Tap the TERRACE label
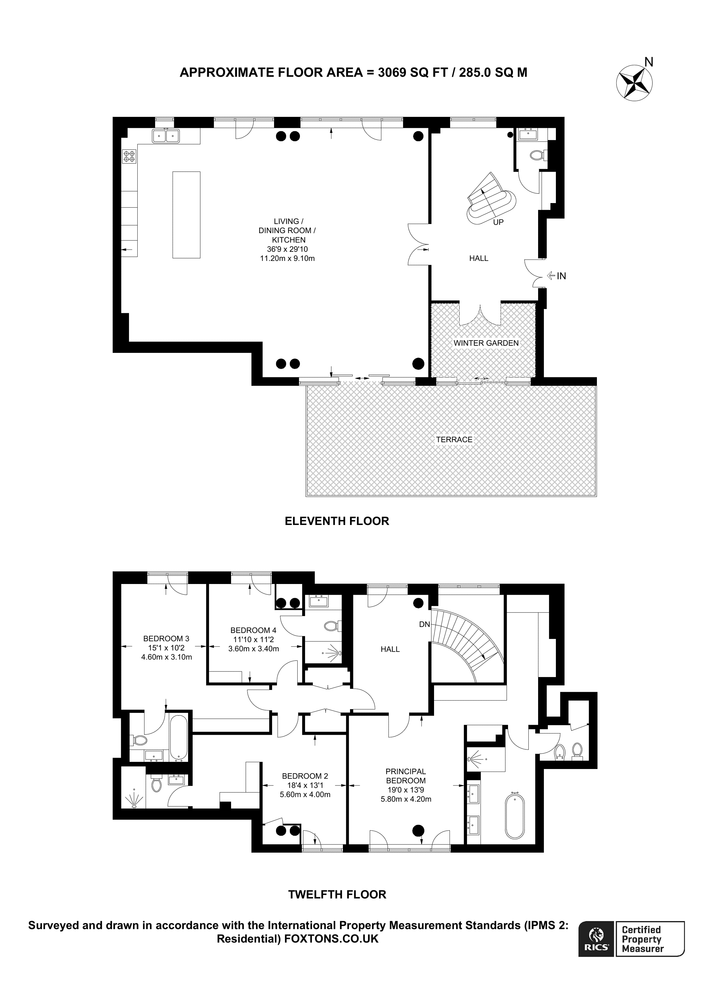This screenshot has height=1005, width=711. (x=454, y=439)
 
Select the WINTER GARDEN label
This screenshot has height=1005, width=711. (x=486, y=343)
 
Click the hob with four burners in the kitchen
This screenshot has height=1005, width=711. (x=130, y=156)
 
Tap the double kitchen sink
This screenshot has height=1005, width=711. (x=166, y=136)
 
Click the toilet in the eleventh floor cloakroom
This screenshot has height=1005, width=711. (x=537, y=155)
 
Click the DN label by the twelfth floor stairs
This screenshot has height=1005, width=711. (x=424, y=624)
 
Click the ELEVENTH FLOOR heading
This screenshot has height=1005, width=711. (x=337, y=521)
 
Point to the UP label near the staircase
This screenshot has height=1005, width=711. (x=498, y=222)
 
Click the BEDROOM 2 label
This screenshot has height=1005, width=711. (x=305, y=776)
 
